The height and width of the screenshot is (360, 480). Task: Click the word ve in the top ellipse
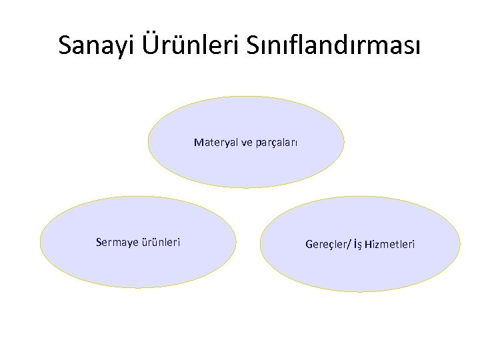click(x=243, y=142)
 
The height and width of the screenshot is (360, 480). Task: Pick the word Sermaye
click(x=118, y=242)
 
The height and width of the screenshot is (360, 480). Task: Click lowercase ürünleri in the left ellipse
click(x=160, y=242)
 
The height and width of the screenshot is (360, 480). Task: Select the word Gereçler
click(x=326, y=245)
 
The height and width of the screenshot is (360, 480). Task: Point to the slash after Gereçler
click(x=349, y=245)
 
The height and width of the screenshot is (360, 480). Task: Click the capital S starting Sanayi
click(x=65, y=45)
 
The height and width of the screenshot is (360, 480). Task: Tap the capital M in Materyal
click(x=198, y=142)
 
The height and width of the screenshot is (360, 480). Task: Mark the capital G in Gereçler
click(x=309, y=245)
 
